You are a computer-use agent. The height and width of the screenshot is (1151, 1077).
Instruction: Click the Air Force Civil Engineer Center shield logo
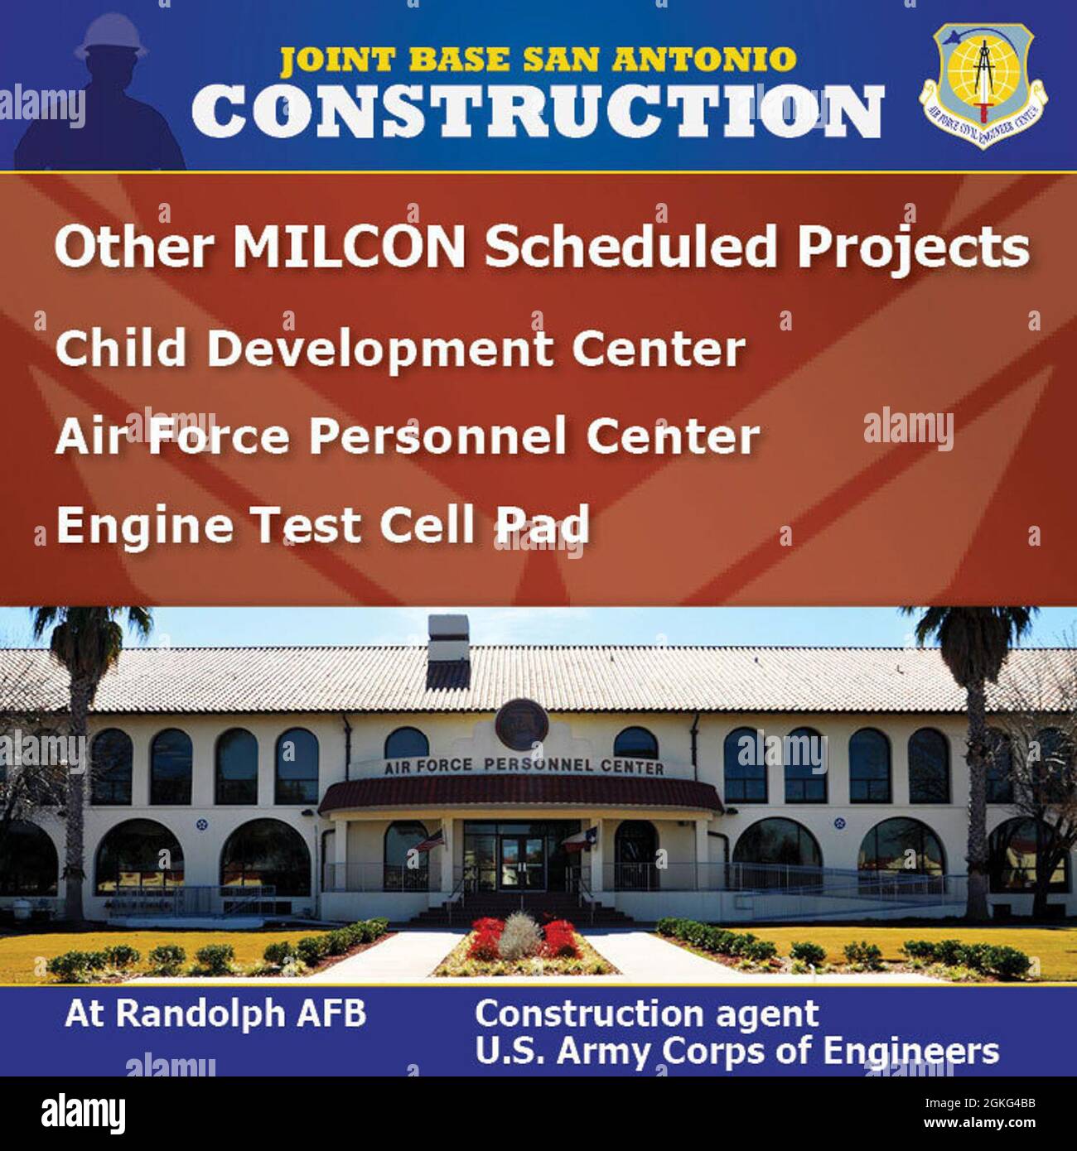pyautogui.click(x=983, y=84)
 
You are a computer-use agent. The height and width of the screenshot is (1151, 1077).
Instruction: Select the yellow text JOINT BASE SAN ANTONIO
pyautogui.click(x=538, y=60)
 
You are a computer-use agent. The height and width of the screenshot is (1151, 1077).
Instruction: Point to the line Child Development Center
pyautogui.click(x=400, y=348)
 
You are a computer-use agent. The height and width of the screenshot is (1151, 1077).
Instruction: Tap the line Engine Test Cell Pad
pyautogui.click(x=322, y=525)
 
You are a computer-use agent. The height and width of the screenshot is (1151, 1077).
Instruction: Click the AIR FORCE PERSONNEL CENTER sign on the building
pyautogui.click(x=524, y=766)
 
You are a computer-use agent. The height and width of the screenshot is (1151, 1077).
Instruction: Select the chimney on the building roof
pyautogui.click(x=448, y=652)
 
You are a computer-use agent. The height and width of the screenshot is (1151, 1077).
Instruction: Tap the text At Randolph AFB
pyautogui.click(x=215, y=1014)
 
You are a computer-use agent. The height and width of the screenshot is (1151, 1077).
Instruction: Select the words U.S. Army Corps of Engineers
pyautogui.click(x=737, y=1052)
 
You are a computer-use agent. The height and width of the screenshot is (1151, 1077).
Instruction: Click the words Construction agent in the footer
pyautogui.click(x=646, y=1014)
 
